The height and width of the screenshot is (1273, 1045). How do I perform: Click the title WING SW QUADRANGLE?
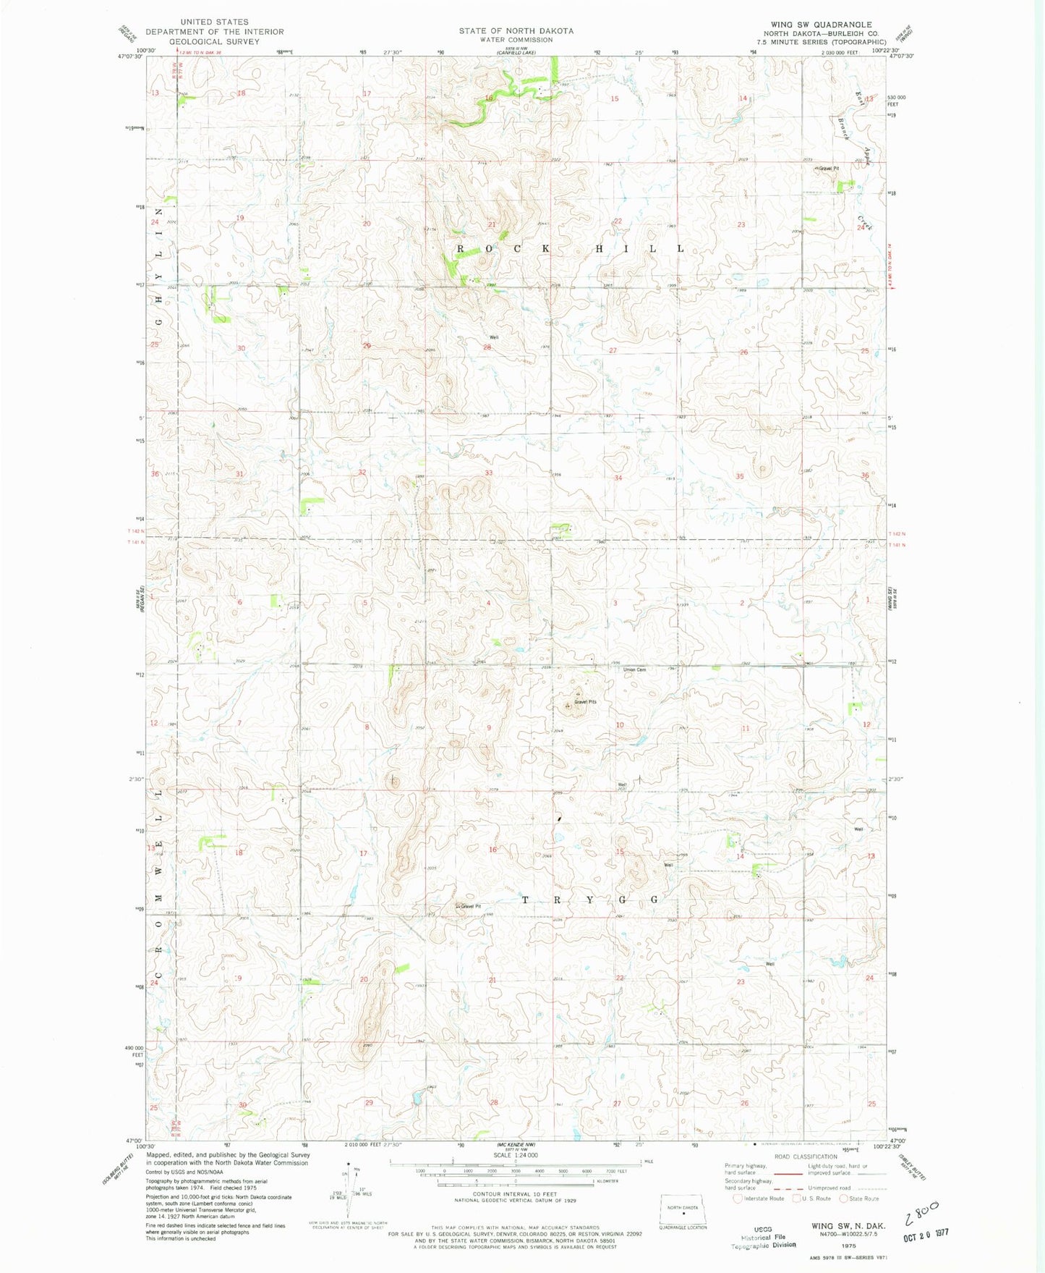[821, 25]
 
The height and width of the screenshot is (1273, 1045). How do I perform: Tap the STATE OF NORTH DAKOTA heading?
[516, 31]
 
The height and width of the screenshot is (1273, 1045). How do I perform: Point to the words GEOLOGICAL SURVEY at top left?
[214, 42]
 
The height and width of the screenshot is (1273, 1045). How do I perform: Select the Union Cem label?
[635, 669]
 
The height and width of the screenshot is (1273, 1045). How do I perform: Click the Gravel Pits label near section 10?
[585, 702]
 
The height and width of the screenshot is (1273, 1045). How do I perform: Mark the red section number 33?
[489, 473]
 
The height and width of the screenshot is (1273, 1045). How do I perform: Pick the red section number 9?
[489, 727]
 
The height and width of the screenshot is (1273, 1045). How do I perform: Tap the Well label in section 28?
[494, 337]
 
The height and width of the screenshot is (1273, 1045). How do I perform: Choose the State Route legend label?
[863, 1198]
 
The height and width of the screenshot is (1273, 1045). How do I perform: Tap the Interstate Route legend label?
[764, 1198]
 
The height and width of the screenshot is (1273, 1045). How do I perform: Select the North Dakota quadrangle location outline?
[683, 1209]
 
